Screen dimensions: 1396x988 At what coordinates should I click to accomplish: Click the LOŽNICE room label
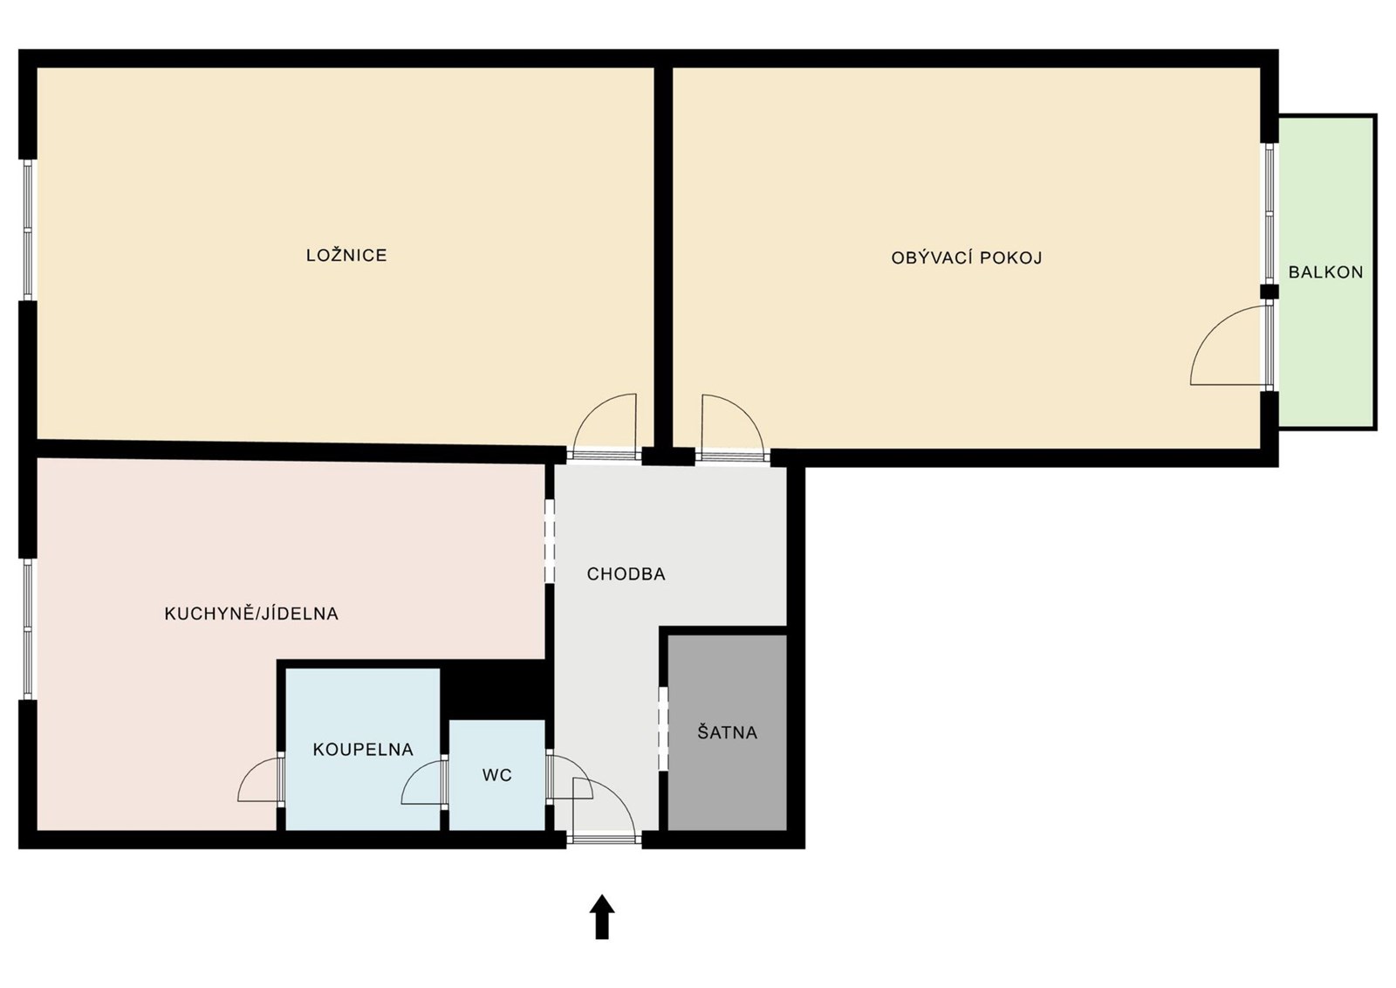tap(346, 255)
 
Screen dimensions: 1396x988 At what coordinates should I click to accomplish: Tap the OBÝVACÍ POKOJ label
tap(966, 257)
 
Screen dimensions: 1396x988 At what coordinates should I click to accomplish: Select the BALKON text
tap(1325, 272)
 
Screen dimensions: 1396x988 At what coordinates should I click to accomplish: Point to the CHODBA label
tap(626, 574)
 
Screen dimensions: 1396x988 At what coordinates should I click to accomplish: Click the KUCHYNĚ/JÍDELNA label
tap(251, 614)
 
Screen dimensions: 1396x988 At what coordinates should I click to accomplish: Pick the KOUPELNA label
tap(363, 749)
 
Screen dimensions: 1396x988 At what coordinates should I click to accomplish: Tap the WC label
tap(496, 775)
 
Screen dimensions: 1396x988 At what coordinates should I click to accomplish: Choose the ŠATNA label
tap(728, 731)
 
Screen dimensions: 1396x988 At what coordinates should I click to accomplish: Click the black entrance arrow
tap(602, 916)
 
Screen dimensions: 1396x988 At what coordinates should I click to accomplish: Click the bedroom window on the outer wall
tap(27, 230)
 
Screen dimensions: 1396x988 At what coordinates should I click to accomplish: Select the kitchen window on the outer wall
tap(27, 628)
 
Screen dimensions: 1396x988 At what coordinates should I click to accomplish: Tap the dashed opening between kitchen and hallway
tap(549, 540)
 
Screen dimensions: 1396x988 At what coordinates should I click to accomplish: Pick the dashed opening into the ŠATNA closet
tap(663, 730)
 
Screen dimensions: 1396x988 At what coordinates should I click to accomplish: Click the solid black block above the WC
tap(496, 690)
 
